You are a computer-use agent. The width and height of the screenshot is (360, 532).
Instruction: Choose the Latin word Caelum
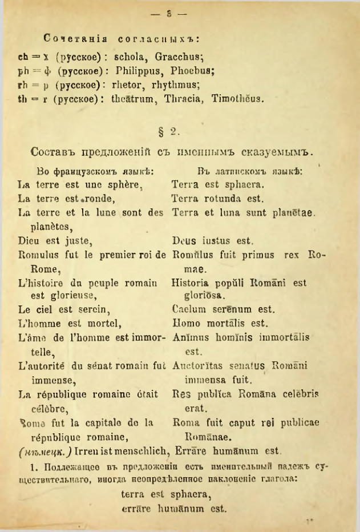188,310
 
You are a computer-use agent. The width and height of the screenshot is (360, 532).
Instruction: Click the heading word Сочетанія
72,39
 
